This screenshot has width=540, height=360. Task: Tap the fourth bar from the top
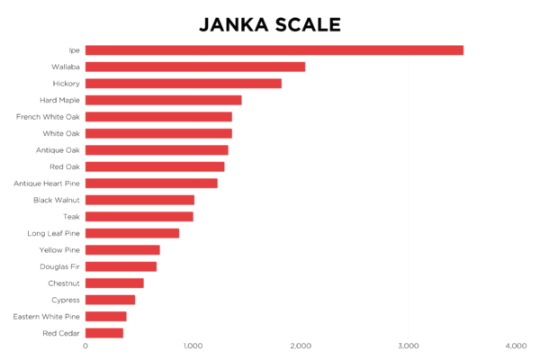tap(163, 100)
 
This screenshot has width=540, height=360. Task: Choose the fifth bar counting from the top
tap(158, 117)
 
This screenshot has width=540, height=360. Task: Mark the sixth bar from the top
tap(158, 133)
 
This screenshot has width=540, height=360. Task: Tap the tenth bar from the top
tap(139, 200)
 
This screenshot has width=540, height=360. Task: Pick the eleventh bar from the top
tap(139, 217)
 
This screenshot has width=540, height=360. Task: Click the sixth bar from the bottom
tap(122, 250)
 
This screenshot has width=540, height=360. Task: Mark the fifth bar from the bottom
tap(121, 266)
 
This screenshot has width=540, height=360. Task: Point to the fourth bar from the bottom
tap(114, 283)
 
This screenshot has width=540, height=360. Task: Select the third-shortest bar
tap(111, 300)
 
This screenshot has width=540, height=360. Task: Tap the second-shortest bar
tap(106, 317)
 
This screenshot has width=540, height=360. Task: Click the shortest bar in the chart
tap(104, 333)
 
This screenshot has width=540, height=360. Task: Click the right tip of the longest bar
tap(463, 50)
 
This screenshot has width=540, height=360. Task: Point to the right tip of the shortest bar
tap(124, 333)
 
